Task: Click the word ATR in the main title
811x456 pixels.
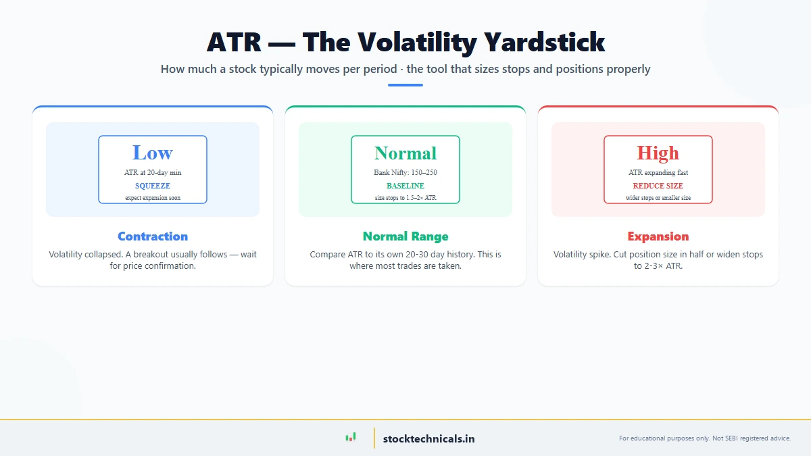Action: click(x=234, y=43)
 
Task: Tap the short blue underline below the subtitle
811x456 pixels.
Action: click(x=405, y=85)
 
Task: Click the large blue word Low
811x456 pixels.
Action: click(x=153, y=153)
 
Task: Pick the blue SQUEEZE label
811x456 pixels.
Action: click(x=153, y=186)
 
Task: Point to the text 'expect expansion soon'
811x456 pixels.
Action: click(x=153, y=198)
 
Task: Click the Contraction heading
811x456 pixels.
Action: click(x=153, y=236)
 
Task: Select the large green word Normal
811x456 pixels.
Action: click(x=405, y=153)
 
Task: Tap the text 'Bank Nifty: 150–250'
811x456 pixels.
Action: click(x=405, y=173)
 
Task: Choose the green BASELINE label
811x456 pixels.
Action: click(x=405, y=186)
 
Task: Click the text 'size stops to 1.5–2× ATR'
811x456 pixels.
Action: click(x=405, y=198)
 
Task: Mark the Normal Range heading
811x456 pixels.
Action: click(x=405, y=236)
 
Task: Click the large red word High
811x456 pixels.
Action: click(x=658, y=153)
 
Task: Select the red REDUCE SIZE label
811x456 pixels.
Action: click(x=658, y=186)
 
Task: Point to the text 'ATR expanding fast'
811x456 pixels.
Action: click(x=658, y=173)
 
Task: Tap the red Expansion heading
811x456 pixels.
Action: click(x=658, y=236)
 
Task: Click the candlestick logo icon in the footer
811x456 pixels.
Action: click(x=350, y=438)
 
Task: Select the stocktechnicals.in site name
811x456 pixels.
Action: click(x=428, y=438)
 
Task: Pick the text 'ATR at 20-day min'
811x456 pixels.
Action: click(x=153, y=173)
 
